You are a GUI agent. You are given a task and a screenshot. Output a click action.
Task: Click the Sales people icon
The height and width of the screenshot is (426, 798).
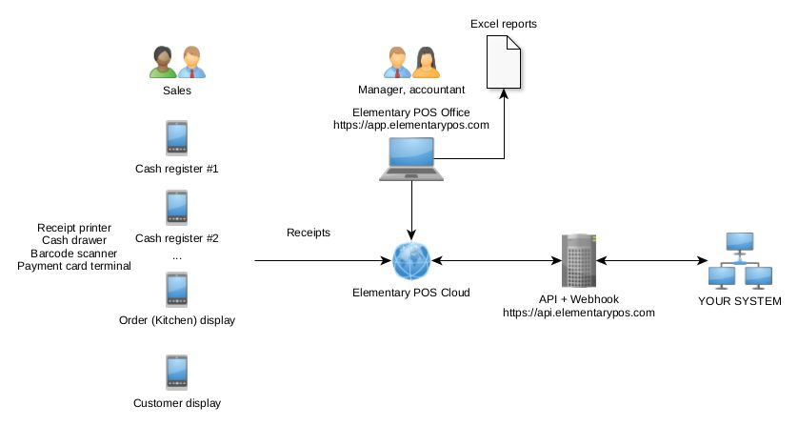(x=177, y=62)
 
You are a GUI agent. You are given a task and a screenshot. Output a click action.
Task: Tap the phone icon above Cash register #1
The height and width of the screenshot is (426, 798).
(x=177, y=136)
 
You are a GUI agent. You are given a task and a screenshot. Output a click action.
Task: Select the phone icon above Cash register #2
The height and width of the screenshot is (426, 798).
(x=177, y=207)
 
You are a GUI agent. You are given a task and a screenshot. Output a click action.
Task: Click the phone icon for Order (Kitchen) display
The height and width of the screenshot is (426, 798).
(x=177, y=289)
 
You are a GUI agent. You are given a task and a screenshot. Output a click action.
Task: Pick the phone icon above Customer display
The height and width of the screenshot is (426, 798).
(x=177, y=372)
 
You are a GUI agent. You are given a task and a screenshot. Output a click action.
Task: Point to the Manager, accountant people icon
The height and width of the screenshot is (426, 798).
(x=411, y=62)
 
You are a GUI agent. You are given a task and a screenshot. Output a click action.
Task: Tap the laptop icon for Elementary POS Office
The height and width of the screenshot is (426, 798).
(x=411, y=158)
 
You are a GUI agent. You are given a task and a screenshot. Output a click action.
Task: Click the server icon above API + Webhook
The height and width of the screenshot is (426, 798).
(x=578, y=259)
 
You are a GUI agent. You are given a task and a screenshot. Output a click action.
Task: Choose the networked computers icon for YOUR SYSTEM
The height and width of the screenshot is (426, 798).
(x=739, y=260)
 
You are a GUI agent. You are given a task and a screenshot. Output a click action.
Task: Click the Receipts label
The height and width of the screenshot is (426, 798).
(x=309, y=233)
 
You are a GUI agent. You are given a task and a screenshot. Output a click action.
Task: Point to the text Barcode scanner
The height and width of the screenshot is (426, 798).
(x=74, y=254)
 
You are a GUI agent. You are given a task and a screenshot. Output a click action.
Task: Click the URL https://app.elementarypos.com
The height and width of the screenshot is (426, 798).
(x=411, y=125)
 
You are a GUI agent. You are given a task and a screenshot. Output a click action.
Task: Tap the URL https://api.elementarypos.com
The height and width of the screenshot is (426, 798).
(x=578, y=313)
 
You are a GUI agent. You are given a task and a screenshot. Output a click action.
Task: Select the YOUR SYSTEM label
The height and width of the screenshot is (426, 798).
(x=740, y=301)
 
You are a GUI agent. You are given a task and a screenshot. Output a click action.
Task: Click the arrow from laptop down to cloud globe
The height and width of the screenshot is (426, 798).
(x=411, y=209)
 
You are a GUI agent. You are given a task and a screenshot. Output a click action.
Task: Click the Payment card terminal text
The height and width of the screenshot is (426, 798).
(x=74, y=266)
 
